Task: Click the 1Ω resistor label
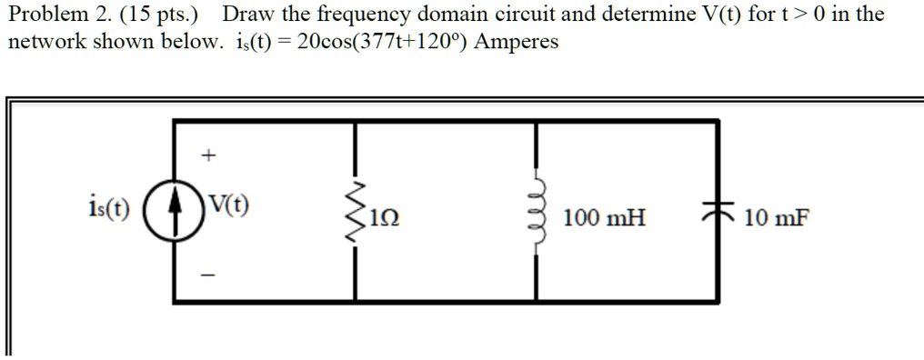coord(386,219)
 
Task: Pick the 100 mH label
coord(604,218)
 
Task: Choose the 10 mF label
coord(776,218)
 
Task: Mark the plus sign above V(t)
coord(208,156)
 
